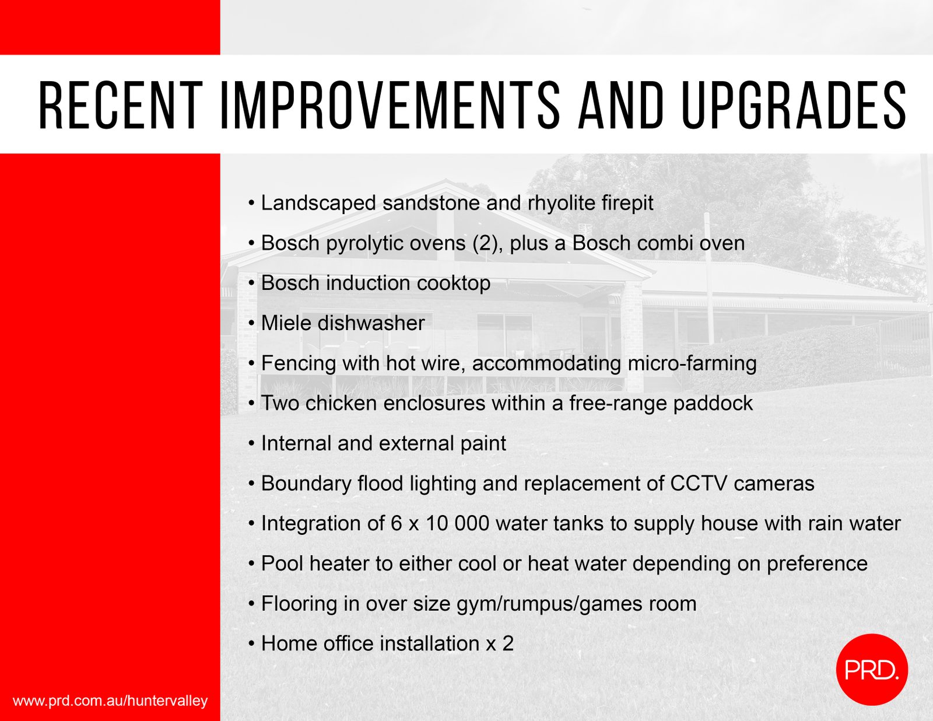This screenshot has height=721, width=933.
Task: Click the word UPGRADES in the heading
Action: pos(794,105)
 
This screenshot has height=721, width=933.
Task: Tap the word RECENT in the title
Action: pos(121,105)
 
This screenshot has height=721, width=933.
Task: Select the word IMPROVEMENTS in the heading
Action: pos(390,105)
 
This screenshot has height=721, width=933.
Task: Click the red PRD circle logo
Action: pos(872,670)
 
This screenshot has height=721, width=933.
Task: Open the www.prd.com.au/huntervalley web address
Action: pos(110,701)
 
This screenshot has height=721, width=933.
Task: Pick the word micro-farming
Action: pos(692,363)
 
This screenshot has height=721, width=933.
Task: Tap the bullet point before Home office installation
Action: pos(252,644)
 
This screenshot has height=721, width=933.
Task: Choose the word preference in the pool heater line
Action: pos(817,564)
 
